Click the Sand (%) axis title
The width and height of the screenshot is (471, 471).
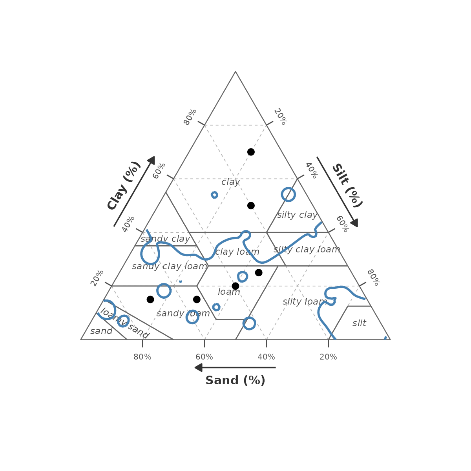tap(235, 380)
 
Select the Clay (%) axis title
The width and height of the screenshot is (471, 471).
tap(124, 185)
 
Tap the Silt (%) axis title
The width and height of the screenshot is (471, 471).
tap(347, 185)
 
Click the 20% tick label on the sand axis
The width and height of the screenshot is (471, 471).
tap(328, 357)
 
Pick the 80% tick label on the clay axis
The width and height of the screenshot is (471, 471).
tap(190, 117)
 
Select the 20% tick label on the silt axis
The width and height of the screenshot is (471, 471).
tap(280, 117)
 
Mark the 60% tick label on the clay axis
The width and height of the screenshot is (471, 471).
tap(159, 170)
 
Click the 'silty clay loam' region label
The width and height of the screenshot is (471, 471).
tap(307, 250)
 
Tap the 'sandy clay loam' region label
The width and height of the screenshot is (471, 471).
tap(170, 267)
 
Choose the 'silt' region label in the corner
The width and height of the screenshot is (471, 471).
tap(359, 323)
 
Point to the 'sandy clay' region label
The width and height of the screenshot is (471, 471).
tap(165, 239)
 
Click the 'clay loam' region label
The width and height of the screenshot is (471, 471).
tap(237, 252)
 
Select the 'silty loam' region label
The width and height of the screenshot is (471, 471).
tap(303, 302)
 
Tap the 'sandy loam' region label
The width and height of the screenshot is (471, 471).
tap(183, 314)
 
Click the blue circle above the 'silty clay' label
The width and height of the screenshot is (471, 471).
tap(288, 194)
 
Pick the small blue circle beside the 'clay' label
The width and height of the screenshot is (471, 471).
tap(214, 195)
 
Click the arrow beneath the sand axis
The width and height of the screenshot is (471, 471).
tap(235, 367)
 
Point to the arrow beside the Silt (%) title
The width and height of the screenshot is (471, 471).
tap(338, 192)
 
